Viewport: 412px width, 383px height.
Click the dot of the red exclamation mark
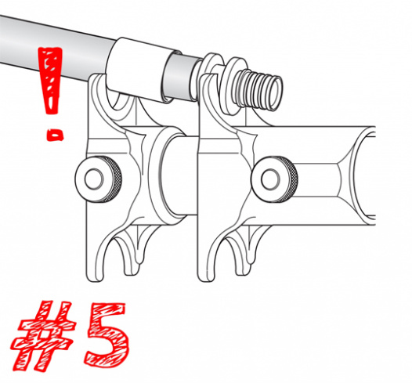pos(55,135)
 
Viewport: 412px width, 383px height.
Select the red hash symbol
pos(42,337)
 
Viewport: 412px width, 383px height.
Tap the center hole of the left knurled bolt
pos(93,179)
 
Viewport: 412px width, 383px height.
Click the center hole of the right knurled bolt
pos(270,179)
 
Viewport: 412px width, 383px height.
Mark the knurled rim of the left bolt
pos(114,179)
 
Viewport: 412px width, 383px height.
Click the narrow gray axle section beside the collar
pos(181,77)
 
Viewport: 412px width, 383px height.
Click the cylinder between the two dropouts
pos(179,176)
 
